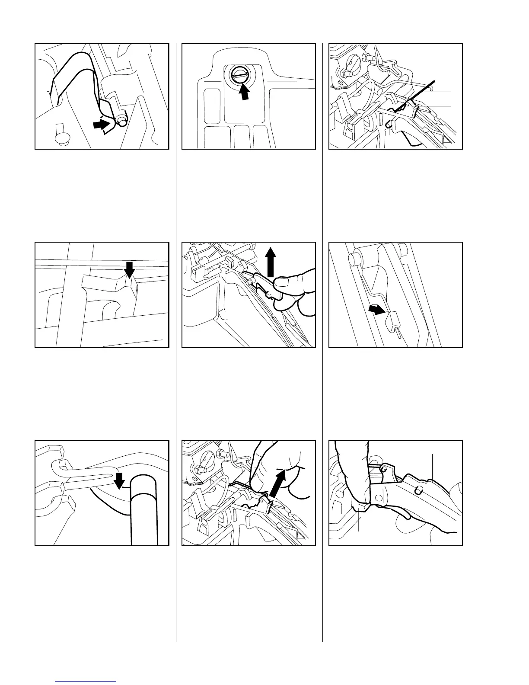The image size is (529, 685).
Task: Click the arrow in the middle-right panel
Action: (x=376, y=309)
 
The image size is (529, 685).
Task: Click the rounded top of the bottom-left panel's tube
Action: (x=145, y=481)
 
